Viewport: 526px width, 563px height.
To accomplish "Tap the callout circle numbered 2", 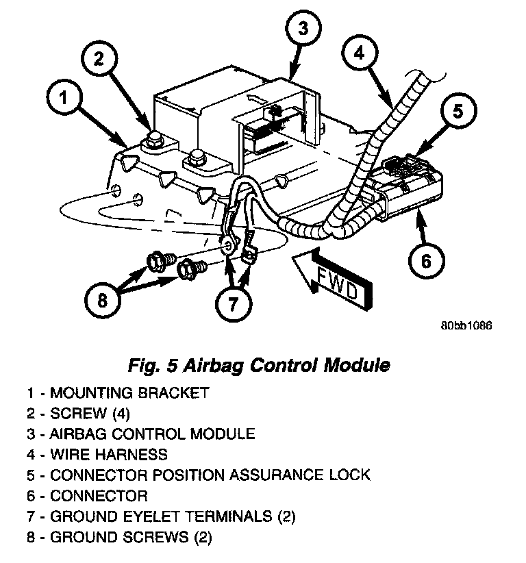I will pyautogui.click(x=100, y=60).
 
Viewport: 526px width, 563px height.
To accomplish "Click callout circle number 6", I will pyautogui.click(x=425, y=260).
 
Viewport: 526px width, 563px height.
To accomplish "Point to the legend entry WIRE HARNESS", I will pyautogui.click(x=97, y=453).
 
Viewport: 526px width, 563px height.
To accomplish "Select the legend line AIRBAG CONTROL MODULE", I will pyautogui.click(x=141, y=434).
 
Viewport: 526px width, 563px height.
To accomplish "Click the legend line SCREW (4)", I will pyautogui.click(x=78, y=413).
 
